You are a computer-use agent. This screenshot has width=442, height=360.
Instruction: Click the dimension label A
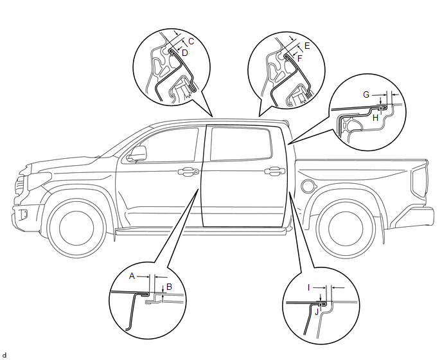click(x=132, y=275)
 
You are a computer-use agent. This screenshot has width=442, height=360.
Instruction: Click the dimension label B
click(x=169, y=287)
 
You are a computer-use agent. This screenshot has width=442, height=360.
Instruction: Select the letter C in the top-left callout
click(x=191, y=41)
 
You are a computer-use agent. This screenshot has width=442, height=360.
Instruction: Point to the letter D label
click(x=184, y=53)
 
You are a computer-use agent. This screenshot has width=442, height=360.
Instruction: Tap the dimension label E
click(x=306, y=46)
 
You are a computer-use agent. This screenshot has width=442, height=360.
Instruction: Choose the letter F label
click(x=299, y=57)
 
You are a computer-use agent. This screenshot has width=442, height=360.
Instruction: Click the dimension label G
click(x=366, y=94)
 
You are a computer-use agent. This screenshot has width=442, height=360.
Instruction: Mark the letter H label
click(x=375, y=118)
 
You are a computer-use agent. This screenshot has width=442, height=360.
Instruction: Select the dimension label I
click(x=309, y=287)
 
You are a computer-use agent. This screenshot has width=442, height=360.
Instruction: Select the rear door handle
click(x=274, y=171)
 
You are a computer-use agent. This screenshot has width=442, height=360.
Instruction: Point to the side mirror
click(x=137, y=154)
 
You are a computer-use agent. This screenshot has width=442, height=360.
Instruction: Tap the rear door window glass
click(x=241, y=143)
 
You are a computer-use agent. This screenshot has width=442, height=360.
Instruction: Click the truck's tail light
click(x=421, y=183)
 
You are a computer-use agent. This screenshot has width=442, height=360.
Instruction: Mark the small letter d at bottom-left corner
click(x=4, y=355)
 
